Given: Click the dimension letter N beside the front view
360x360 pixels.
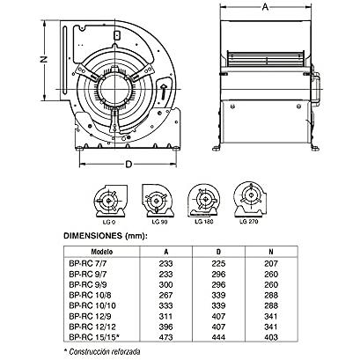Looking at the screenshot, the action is tap(44, 59).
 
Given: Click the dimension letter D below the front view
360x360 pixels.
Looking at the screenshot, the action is tap(129, 165).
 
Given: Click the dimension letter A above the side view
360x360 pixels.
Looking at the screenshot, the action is tap(265, 7).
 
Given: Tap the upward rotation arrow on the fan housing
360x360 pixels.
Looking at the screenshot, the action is tap(164, 92).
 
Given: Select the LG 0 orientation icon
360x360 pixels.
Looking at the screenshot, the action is tap(110, 201).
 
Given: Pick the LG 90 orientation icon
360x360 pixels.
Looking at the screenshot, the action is tap(158, 201).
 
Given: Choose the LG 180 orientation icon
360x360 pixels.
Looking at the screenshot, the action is tap(204, 201).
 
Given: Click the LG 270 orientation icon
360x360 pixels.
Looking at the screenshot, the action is tap(250, 199).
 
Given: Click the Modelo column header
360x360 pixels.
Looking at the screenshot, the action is tap(102, 252).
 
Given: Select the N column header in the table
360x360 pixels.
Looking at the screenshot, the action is tap(271, 252).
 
